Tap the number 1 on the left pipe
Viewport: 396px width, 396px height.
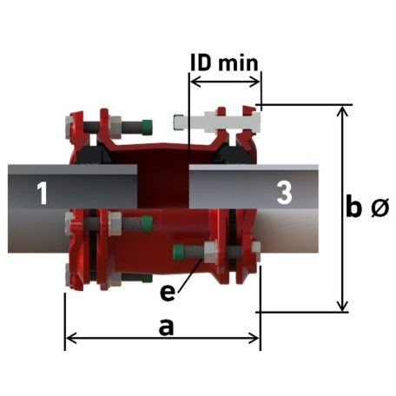click(x=39, y=193)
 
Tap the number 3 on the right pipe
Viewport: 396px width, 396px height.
click(x=283, y=193)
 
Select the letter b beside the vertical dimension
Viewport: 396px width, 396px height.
click(x=353, y=208)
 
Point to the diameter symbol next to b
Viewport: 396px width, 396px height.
click(x=379, y=209)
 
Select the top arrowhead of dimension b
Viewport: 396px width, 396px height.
click(x=345, y=111)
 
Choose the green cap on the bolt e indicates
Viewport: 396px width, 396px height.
click(x=181, y=253)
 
